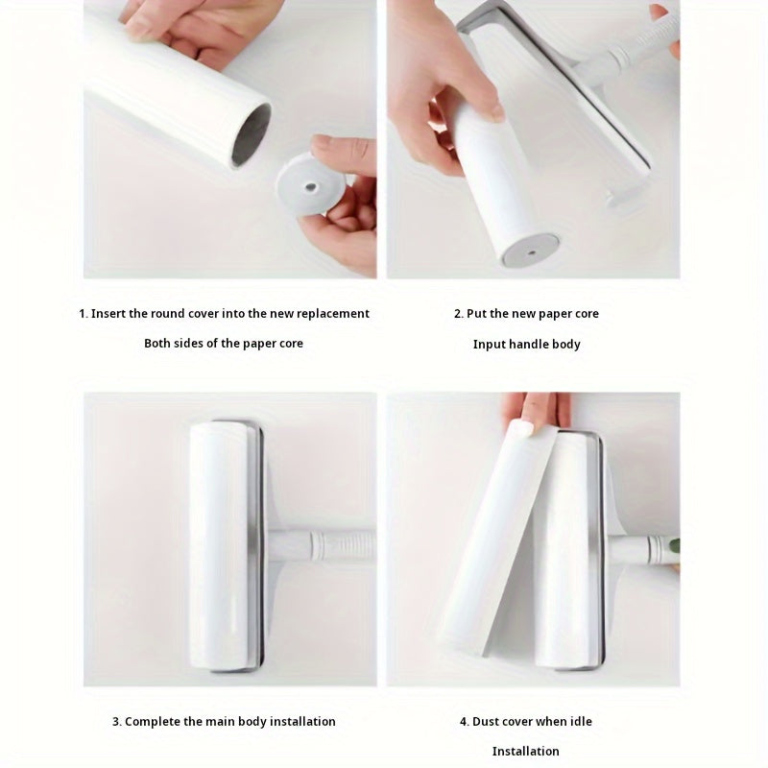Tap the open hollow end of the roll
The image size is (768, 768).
[251, 134]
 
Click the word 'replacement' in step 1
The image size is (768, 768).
[332, 314]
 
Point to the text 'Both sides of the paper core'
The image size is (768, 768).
[224, 344]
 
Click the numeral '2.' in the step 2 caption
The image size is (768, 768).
[459, 314]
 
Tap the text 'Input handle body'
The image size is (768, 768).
[526, 345]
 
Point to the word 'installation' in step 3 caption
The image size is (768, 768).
[301, 722]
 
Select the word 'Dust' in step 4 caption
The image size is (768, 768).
[486, 722]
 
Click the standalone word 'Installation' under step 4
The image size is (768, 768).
[526, 752]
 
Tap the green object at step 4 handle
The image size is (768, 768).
[674, 545]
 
